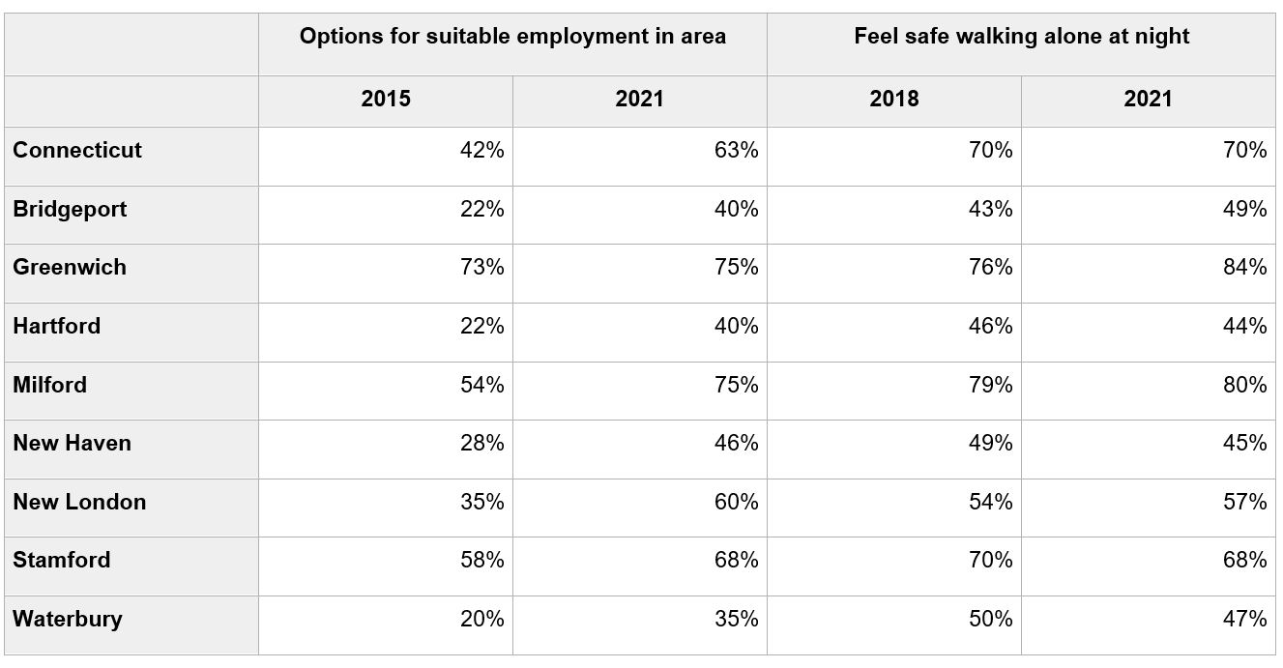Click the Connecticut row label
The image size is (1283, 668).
[x=77, y=151]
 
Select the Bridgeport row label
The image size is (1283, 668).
[x=70, y=210]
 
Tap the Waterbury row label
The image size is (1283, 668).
[x=68, y=619]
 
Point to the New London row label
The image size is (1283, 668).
[x=79, y=502]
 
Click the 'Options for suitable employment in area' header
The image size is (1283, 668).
[x=512, y=38]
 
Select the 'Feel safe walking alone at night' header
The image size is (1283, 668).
[x=1021, y=38]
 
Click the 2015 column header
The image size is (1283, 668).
[x=386, y=99]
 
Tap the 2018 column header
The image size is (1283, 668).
[x=894, y=99]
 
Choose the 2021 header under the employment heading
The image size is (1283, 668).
[x=640, y=99]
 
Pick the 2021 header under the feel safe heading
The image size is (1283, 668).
[x=1149, y=99]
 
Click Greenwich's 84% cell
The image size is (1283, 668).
[x=1244, y=268]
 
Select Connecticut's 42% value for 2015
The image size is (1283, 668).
[x=481, y=151]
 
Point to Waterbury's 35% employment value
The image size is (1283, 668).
[x=736, y=619]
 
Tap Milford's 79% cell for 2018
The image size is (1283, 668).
[x=990, y=385]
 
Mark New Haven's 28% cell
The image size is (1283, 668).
[x=481, y=444]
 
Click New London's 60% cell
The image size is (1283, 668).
[x=736, y=502]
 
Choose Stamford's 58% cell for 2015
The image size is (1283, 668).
[x=481, y=561]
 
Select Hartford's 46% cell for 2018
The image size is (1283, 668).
[x=990, y=327]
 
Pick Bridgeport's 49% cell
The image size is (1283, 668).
[x=1244, y=210]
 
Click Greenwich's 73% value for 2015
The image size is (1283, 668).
[x=481, y=268]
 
